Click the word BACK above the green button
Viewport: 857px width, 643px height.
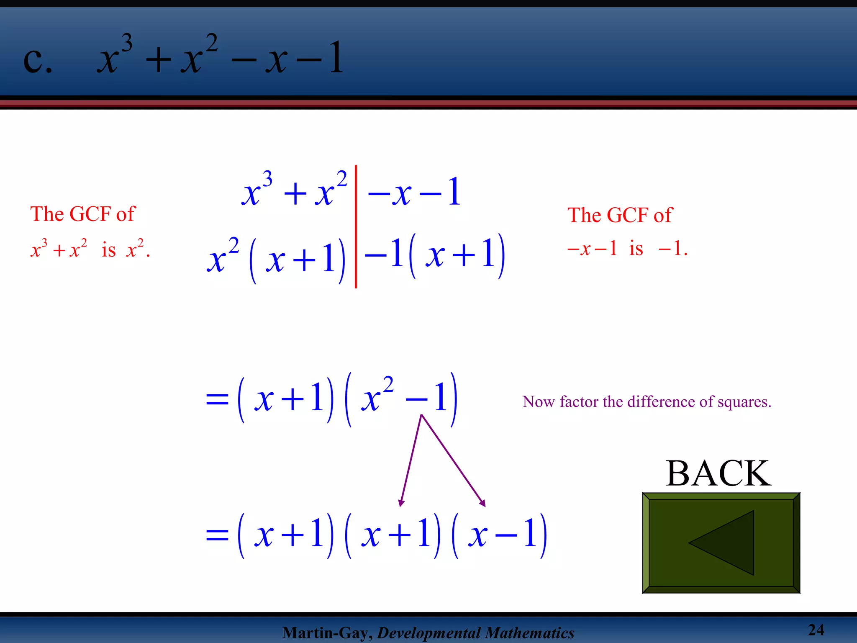pos(718,473)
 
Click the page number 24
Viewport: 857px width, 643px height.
pos(816,630)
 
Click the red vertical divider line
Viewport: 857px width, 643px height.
pos(356,226)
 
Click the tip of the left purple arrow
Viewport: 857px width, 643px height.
pos(401,505)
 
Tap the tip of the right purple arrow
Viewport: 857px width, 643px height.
pos(484,505)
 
